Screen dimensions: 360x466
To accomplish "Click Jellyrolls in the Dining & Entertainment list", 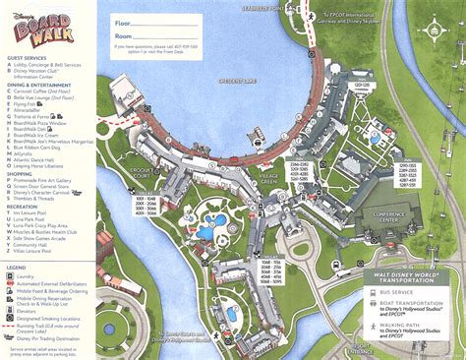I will point(28,153).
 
